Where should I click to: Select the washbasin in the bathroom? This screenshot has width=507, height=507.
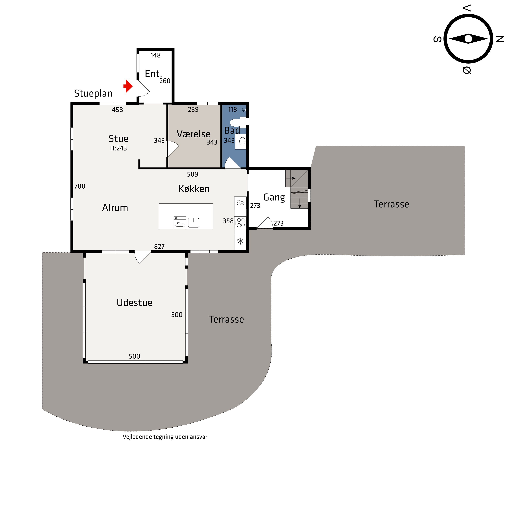click(x=241, y=142)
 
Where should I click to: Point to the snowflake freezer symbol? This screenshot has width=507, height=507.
click(x=240, y=241)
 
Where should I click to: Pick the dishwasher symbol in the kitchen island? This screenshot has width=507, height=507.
click(x=180, y=223)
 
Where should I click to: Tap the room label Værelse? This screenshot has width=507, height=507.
click(x=193, y=134)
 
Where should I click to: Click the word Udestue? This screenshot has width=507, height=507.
click(x=134, y=303)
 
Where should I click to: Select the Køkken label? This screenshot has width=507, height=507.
click(x=194, y=189)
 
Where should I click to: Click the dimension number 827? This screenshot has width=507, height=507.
click(x=159, y=246)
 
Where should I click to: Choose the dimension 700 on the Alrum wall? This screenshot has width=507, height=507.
click(x=80, y=186)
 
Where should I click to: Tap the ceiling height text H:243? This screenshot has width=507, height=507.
click(x=118, y=148)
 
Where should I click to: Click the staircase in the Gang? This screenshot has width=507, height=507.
click(x=299, y=189)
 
